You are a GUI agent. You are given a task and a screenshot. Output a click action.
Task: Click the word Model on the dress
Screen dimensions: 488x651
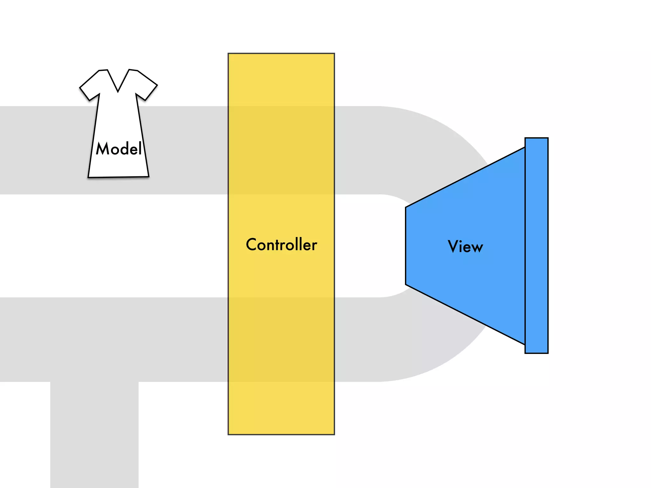point(119,149)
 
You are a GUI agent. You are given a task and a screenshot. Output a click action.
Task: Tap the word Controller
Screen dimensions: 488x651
point(281,245)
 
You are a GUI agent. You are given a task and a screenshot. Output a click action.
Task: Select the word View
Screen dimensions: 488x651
point(465,247)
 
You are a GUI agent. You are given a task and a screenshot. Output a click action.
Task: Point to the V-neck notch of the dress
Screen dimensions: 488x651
point(118,91)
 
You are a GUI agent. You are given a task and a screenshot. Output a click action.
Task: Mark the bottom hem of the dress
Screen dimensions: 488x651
point(119,176)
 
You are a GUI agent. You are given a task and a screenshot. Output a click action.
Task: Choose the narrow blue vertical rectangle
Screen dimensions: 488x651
point(537,245)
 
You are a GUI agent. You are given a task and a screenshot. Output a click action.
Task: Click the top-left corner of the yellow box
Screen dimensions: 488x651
point(229,54)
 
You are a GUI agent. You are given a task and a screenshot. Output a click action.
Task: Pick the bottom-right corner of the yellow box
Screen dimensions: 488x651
point(334,434)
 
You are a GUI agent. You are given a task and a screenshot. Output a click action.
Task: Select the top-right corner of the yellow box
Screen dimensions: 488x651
point(334,54)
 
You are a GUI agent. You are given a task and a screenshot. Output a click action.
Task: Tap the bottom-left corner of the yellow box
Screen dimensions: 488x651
point(229,434)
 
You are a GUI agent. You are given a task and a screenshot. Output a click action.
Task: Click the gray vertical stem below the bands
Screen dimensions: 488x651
point(94,435)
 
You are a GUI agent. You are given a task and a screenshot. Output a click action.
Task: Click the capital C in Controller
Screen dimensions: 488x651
point(252,245)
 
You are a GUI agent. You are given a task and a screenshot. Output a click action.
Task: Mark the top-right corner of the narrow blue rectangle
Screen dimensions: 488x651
point(548,138)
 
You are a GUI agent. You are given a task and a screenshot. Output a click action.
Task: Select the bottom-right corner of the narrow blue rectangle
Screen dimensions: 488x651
point(548,353)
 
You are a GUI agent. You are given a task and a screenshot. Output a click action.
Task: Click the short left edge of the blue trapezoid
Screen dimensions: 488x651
point(406,246)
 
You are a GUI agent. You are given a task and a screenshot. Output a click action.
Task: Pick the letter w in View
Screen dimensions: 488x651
point(477,248)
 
